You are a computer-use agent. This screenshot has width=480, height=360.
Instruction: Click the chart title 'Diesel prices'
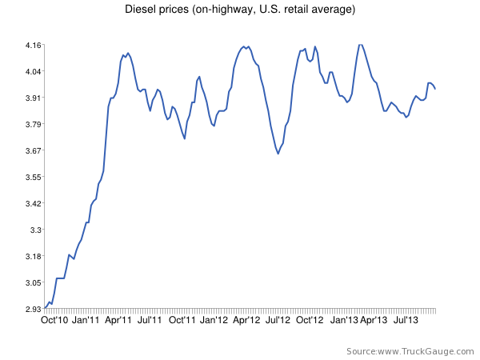(x=240, y=10)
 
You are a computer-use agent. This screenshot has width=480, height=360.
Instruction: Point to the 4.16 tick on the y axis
(x=33, y=46)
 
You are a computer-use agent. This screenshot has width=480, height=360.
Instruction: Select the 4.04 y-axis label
(x=33, y=72)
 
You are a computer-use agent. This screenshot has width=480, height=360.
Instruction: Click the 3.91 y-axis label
(x=33, y=98)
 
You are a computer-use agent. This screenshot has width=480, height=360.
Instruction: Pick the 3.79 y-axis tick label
(x=33, y=124)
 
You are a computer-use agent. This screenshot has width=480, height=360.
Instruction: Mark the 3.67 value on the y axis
(x=33, y=150)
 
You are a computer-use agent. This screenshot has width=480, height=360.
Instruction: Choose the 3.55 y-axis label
(x=33, y=177)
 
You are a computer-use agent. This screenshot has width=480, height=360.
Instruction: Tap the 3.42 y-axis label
(x=33, y=203)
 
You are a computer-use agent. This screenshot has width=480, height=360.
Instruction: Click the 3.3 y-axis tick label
(x=35, y=230)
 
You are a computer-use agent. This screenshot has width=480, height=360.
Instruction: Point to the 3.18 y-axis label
(x=33, y=256)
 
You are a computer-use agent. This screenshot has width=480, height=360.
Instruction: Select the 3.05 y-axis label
(x=33, y=282)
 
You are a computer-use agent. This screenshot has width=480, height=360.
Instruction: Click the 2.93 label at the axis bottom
(x=33, y=309)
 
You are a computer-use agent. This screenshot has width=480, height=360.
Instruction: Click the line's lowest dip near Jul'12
(x=278, y=154)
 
